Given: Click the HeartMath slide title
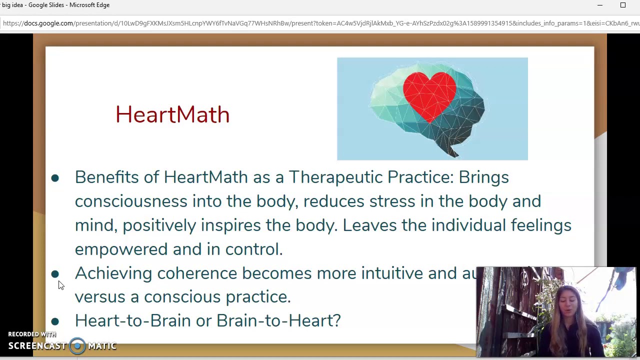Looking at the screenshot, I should point(172,114).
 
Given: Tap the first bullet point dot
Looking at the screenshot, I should point(55,178).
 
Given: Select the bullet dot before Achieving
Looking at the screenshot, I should point(55,274).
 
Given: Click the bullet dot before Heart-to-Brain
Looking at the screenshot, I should point(55,321).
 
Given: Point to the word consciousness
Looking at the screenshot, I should point(131,201).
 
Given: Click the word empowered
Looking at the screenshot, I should point(121,249).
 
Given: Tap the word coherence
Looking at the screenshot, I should point(197,273).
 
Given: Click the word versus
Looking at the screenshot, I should point(100,297).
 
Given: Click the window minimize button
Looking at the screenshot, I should point(599,5).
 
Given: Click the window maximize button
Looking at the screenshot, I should point(623,5).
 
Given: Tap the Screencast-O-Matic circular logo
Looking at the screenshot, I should point(77,345).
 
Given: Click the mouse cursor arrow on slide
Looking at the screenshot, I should point(60,285).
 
